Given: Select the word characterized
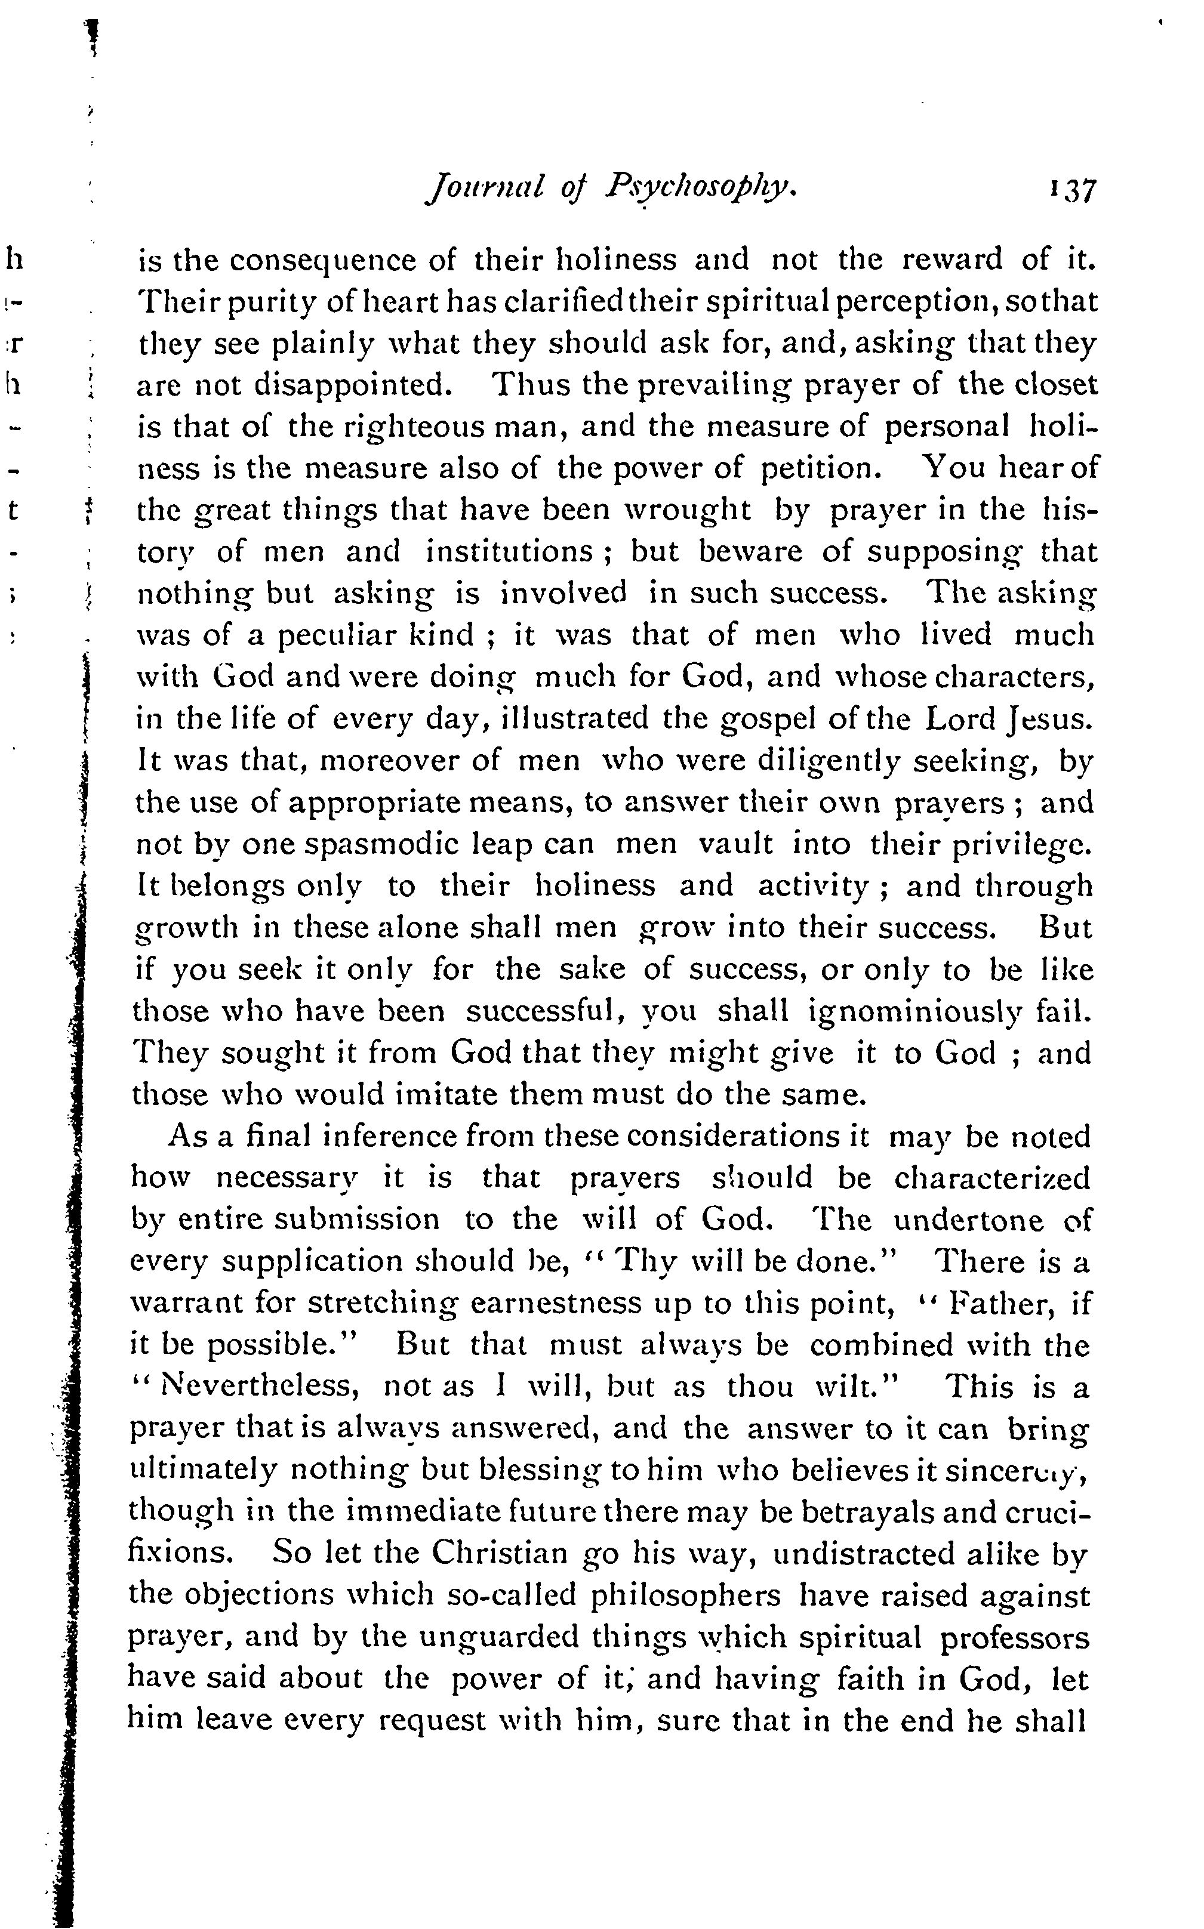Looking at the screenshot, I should tap(991, 1178).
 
